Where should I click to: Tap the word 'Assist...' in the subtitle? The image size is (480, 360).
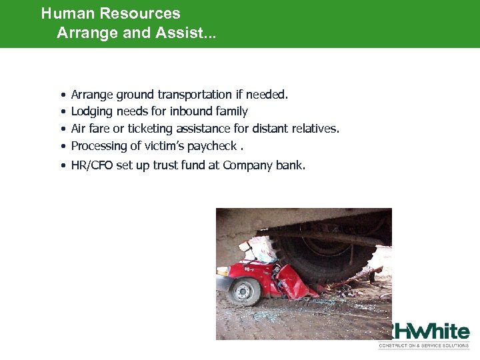click(x=186, y=32)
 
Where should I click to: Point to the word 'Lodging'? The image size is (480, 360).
click(x=92, y=112)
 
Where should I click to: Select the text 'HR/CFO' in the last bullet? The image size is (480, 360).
click(x=92, y=165)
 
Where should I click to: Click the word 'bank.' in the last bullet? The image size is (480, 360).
click(x=291, y=165)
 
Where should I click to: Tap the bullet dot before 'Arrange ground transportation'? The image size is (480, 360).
click(x=61, y=95)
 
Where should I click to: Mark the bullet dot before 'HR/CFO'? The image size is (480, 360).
click(x=61, y=166)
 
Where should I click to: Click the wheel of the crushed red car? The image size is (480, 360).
click(x=245, y=291)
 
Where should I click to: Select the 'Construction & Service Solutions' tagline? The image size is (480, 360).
click(x=424, y=345)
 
